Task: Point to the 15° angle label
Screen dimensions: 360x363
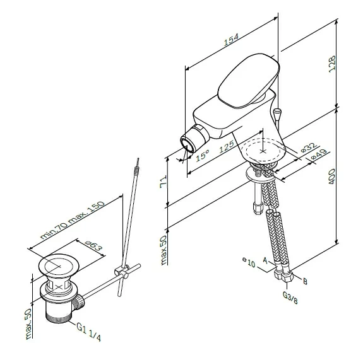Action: tap(202, 155)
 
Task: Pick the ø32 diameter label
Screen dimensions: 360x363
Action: tap(307, 147)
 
